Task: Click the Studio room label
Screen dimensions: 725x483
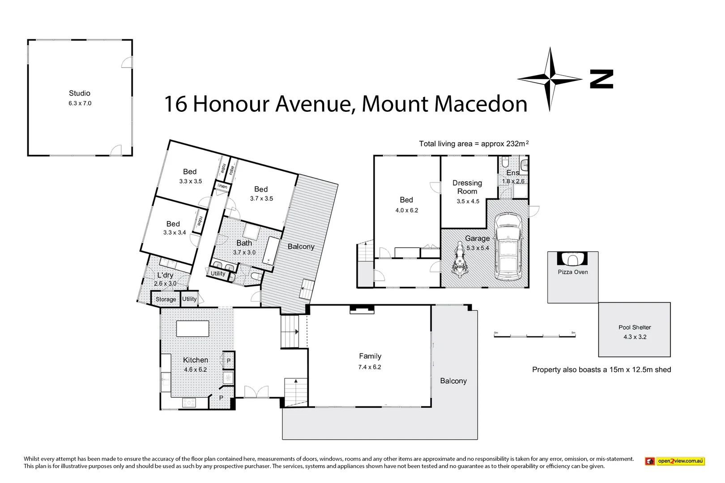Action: click(x=80, y=93)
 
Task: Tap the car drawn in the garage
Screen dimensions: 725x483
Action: click(x=508, y=246)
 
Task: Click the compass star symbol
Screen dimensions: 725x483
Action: click(x=550, y=79)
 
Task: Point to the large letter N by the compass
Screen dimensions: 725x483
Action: click(x=601, y=79)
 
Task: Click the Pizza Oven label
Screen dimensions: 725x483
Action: click(x=572, y=272)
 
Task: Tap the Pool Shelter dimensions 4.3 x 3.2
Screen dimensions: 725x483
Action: click(x=635, y=337)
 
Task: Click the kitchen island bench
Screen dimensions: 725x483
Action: click(x=192, y=329)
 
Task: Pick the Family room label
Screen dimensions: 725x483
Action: click(x=370, y=356)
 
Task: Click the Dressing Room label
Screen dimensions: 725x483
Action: click(x=467, y=187)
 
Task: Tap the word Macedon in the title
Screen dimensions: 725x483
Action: click(x=481, y=104)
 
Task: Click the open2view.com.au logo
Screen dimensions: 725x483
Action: click(x=675, y=461)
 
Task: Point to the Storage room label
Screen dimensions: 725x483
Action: click(x=166, y=299)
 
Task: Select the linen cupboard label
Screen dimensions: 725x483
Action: click(x=222, y=186)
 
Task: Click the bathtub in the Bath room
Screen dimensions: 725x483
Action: click(x=271, y=251)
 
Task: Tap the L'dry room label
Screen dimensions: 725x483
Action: click(x=165, y=275)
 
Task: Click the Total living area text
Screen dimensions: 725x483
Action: click(x=473, y=144)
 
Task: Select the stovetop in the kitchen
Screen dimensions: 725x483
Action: click(x=189, y=402)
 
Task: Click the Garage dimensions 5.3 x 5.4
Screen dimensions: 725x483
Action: click(x=478, y=248)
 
